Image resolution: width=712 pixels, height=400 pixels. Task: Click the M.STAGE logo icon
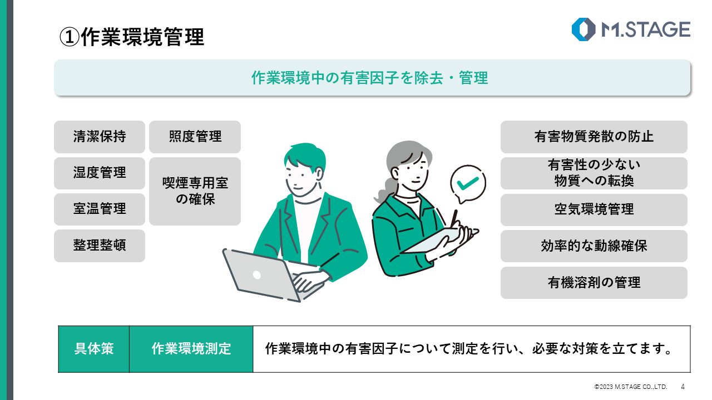click(584, 29)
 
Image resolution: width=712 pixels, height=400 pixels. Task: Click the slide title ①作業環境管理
click(132, 37)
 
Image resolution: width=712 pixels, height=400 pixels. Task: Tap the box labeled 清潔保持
click(100, 137)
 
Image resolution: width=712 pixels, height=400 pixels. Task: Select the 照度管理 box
click(195, 137)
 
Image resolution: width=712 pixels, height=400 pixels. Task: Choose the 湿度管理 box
click(100, 173)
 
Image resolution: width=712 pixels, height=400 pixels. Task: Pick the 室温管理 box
click(100, 209)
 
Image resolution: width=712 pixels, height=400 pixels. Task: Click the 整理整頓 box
click(100, 246)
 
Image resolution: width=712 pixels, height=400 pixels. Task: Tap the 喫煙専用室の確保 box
click(195, 191)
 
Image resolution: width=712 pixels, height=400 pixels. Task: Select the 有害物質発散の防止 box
click(594, 137)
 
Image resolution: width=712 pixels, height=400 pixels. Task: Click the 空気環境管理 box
click(594, 209)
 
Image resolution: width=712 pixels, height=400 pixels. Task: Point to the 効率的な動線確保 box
click(594, 246)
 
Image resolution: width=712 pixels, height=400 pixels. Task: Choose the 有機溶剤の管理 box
click(594, 282)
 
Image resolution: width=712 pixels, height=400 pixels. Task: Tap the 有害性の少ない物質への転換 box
click(594, 173)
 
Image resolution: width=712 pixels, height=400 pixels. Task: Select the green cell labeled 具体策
click(94, 349)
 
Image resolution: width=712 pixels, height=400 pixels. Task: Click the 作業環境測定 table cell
click(191, 349)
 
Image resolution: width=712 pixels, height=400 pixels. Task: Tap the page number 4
click(683, 387)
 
